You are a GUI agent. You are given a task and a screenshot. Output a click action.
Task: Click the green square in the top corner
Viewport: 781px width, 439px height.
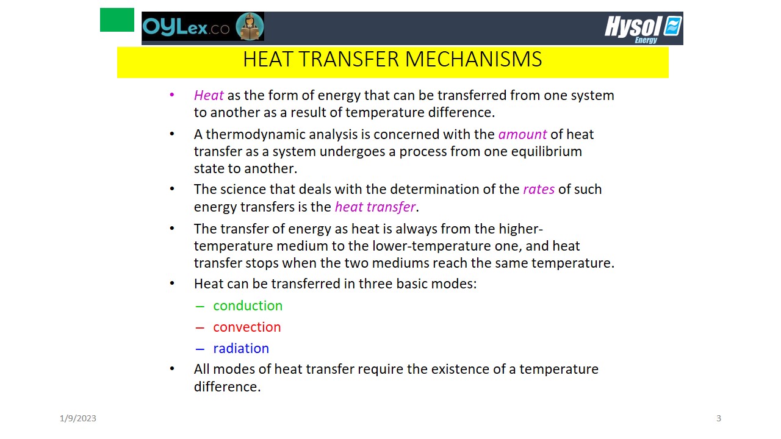pyautogui.click(x=117, y=20)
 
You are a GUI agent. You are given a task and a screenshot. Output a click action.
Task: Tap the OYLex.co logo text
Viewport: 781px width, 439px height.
pyautogui.click(x=186, y=27)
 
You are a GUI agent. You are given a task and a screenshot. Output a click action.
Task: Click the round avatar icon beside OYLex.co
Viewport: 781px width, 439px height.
pyautogui.click(x=250, y=26)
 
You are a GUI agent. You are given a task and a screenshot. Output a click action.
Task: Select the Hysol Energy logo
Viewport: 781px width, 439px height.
pyautogui.click(x=643, y=29)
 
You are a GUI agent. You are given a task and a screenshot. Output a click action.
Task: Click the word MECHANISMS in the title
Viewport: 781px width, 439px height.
pyautogui.click(x=473, y=59)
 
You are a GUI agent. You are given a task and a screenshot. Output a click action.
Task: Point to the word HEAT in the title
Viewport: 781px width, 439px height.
pyautogui.click(x=267, y=59)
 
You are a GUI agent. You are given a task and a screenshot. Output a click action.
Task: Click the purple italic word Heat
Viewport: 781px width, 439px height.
pyautogui.click(x=209, y=95)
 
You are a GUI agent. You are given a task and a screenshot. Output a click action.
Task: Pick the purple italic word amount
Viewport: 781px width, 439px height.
pyautogui.click(x=523, y=134)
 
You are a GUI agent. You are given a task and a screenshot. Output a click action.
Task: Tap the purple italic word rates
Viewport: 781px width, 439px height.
pyautogui.click(x=539, y=189)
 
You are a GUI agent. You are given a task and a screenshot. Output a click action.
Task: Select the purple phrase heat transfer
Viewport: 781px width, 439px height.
pyautogui.click(x=375, y=207)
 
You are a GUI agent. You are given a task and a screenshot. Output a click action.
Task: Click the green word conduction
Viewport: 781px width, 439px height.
pyautogui.click(x=248, y=305)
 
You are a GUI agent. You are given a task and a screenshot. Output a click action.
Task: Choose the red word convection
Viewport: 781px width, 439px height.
pyautogui.click(x=247, y=327)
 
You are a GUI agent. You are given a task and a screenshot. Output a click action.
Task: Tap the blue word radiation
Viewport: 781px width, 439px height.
pyautogui.click(x=241, y=348)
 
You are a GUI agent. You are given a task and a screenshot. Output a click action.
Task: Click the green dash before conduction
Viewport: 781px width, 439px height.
pyautogui.click(x=200, y=307)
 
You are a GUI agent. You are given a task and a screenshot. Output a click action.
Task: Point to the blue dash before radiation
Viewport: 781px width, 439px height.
pyautogui.click(x=200, y=349)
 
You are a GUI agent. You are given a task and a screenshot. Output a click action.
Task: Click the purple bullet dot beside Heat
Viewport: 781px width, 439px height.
pyautogui.click(x=172, y=95)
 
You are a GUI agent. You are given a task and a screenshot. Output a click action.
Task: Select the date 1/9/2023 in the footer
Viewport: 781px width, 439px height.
pyautogui.click(x=77, y=418)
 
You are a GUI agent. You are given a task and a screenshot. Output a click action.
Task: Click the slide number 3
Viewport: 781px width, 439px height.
pyautogui.click(x=719, y=418)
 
